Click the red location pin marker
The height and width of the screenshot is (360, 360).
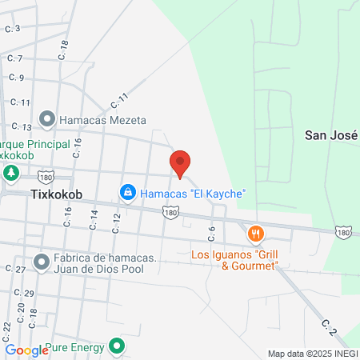pyautogui.click(x=180, y=164)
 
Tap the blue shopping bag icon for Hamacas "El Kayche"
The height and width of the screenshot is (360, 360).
pyautogui.click(x=126, y=193)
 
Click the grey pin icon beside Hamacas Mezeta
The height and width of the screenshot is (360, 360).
pyautogui.click(x=48, y=120)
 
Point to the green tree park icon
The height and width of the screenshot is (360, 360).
pyautogui.click(x=11, y=173)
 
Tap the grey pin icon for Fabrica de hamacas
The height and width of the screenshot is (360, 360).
pyautogui.click(x=42, y=262)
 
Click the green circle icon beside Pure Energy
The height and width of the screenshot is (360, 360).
pyautogui.click(x=118, y=347)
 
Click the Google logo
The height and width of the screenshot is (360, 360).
pyautogui.click(x=26, y=350)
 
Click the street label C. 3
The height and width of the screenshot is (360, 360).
pyautogui.click(x=12, y=29)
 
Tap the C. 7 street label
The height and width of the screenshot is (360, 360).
pyautogui.click(x=15, y=58)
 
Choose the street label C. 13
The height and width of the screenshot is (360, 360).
pyautogui.click(x=22, y=127)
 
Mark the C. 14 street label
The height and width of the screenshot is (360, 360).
pyautogui.click(x=94, y=219)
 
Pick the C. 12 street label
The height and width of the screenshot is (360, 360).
pyautogui.click(x=117, y=223)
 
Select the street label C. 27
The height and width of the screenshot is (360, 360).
pyautogui.click(x=17, y=270)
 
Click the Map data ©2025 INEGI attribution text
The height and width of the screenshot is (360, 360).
pyautogui.click(x=312, y=353)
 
